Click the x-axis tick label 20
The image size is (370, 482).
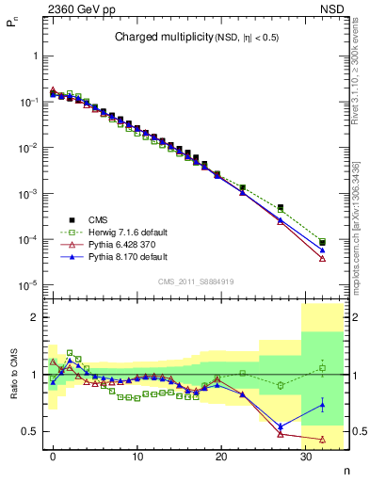click(221, 457)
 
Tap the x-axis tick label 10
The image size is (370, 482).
click(137, 457)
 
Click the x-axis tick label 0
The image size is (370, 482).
click(54, 457)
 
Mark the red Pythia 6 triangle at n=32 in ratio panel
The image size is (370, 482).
click(323, 439)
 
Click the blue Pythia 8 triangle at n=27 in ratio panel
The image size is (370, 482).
click(281, 426)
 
